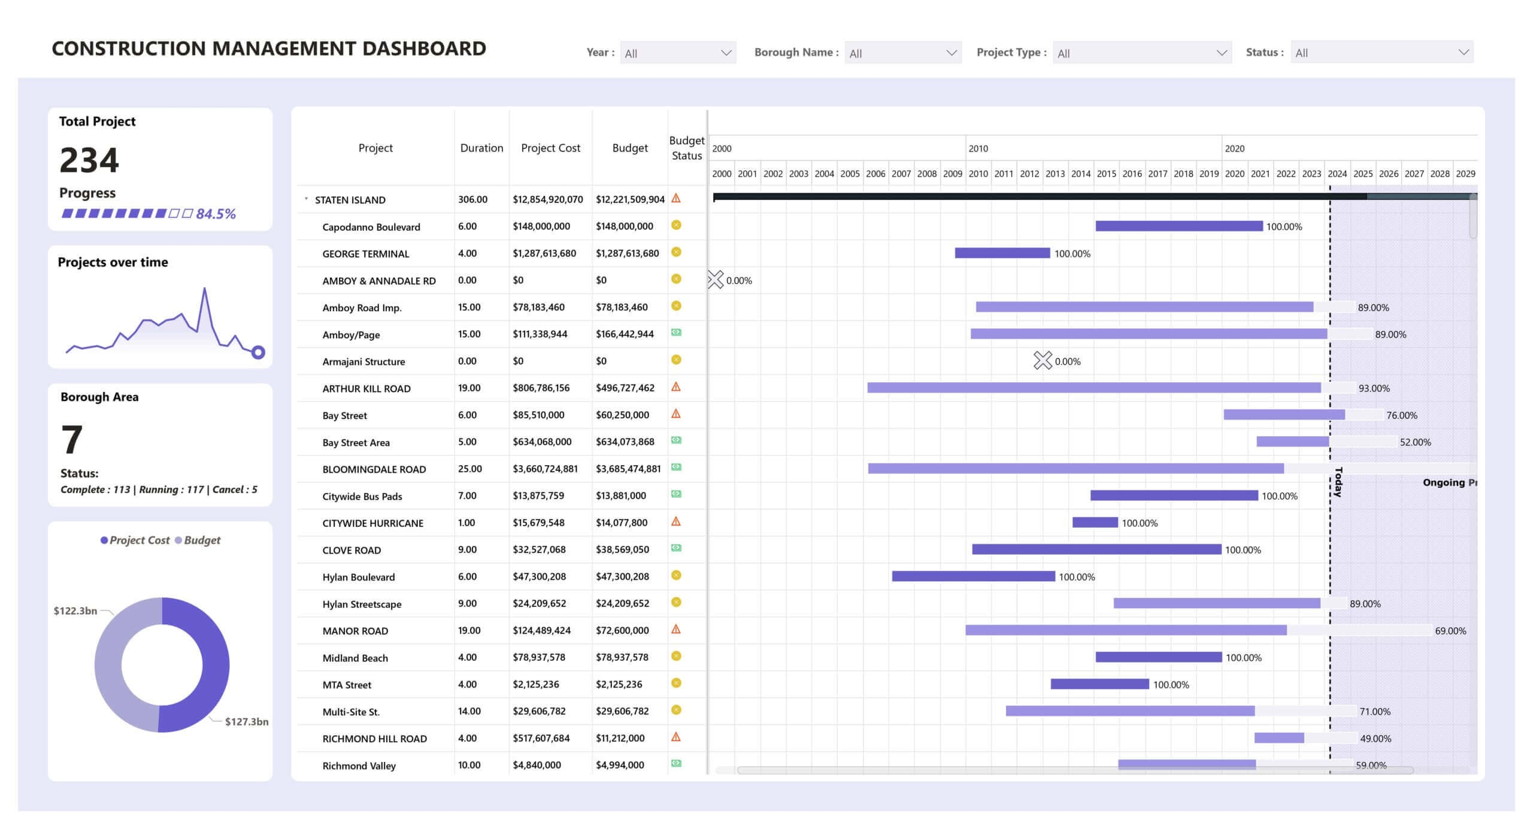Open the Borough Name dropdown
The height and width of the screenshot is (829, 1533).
(x=902, y=53)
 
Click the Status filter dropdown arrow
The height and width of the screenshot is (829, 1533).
(x=1463, y=53)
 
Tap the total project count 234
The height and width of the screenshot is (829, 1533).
(x=89, y=160)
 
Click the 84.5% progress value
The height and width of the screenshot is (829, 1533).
(x=216, y=214)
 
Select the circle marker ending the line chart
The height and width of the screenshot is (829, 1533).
(x=258, y=352)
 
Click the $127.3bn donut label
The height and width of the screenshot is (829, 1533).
(x=246, y=721)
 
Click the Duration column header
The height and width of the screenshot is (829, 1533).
(x=481, y=148)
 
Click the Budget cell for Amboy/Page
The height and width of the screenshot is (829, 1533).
(x=624, y=334)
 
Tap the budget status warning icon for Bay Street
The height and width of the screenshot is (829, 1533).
(x=676, y=414)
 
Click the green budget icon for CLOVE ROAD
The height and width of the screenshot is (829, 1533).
(x=676, y=548)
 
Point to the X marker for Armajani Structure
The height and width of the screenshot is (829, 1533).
(x=1042, y=360)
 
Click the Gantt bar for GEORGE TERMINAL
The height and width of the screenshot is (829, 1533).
(x=1002, y=253)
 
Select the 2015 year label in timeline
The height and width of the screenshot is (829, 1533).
(x=1106, y=174)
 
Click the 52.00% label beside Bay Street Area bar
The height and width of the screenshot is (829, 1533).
(x=1415, y=442)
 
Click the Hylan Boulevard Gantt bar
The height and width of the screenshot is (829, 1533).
(x=973, y=576)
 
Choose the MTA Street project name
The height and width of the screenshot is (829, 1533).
(x=347, y=685)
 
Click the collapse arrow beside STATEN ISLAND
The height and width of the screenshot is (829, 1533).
(x=306, y=199)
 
